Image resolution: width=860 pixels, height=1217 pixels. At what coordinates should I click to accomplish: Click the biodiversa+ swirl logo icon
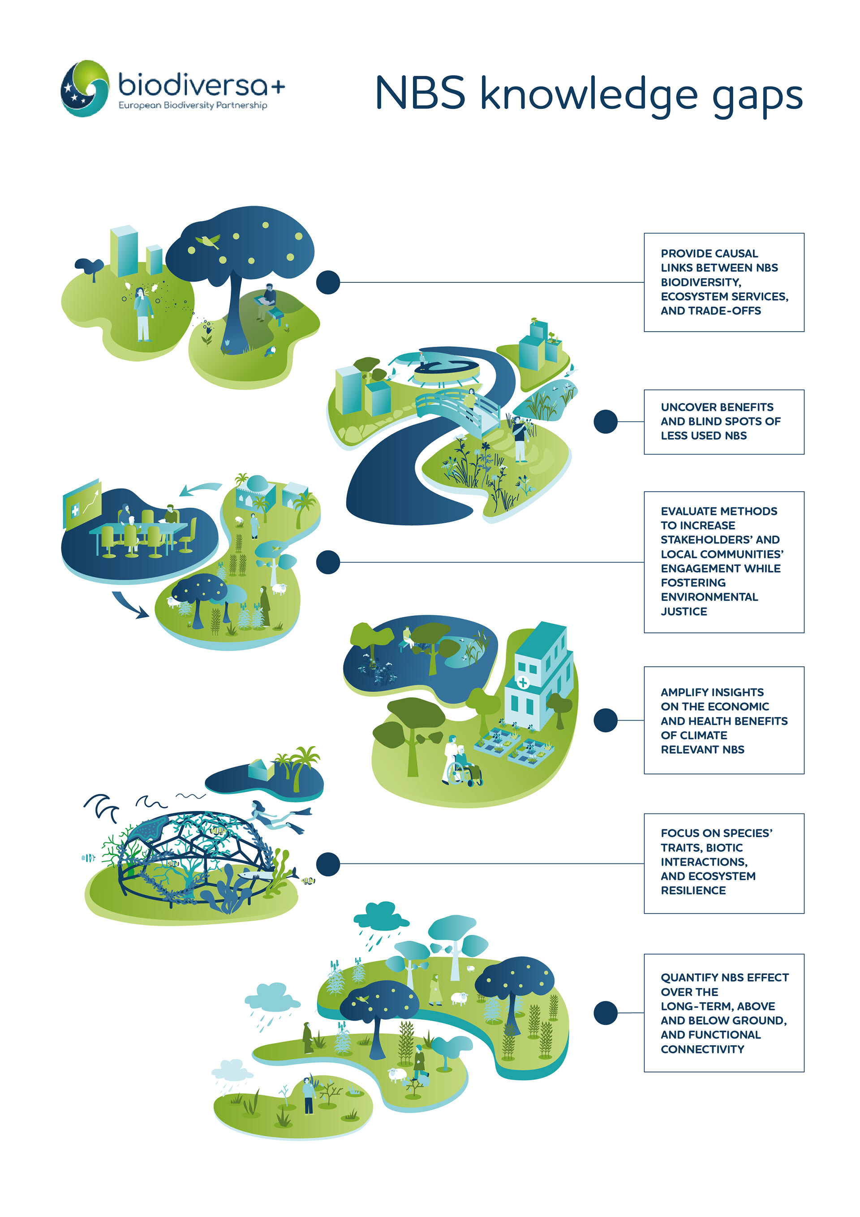point(85,89)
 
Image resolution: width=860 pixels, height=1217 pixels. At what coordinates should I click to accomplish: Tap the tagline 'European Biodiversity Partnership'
point(193,105)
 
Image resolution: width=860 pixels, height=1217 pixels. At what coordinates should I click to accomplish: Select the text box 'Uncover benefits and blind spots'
point(723,422)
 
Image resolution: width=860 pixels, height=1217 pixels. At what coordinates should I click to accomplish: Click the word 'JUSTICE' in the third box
point(684,611)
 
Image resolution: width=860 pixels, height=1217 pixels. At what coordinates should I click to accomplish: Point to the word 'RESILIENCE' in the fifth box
point(693,890)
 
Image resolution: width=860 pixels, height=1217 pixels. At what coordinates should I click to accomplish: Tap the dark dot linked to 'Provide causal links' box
point(328,282)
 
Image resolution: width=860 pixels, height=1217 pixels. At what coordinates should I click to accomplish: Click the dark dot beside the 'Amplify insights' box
point(605,721)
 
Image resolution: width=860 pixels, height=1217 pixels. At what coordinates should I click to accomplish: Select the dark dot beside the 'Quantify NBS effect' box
point(605,1013)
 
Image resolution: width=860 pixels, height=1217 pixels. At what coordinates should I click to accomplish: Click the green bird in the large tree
point(208,241)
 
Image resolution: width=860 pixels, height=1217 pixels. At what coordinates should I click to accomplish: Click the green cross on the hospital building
point(522,682)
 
